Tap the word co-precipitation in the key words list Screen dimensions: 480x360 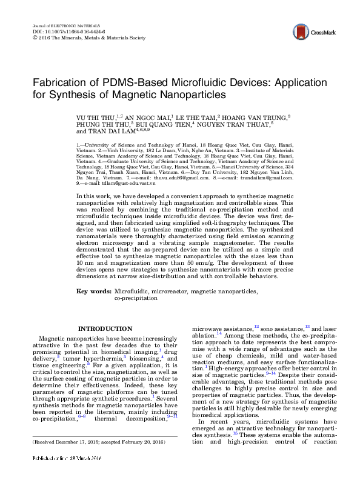[139, 298]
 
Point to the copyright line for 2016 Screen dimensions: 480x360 [88, 37]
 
